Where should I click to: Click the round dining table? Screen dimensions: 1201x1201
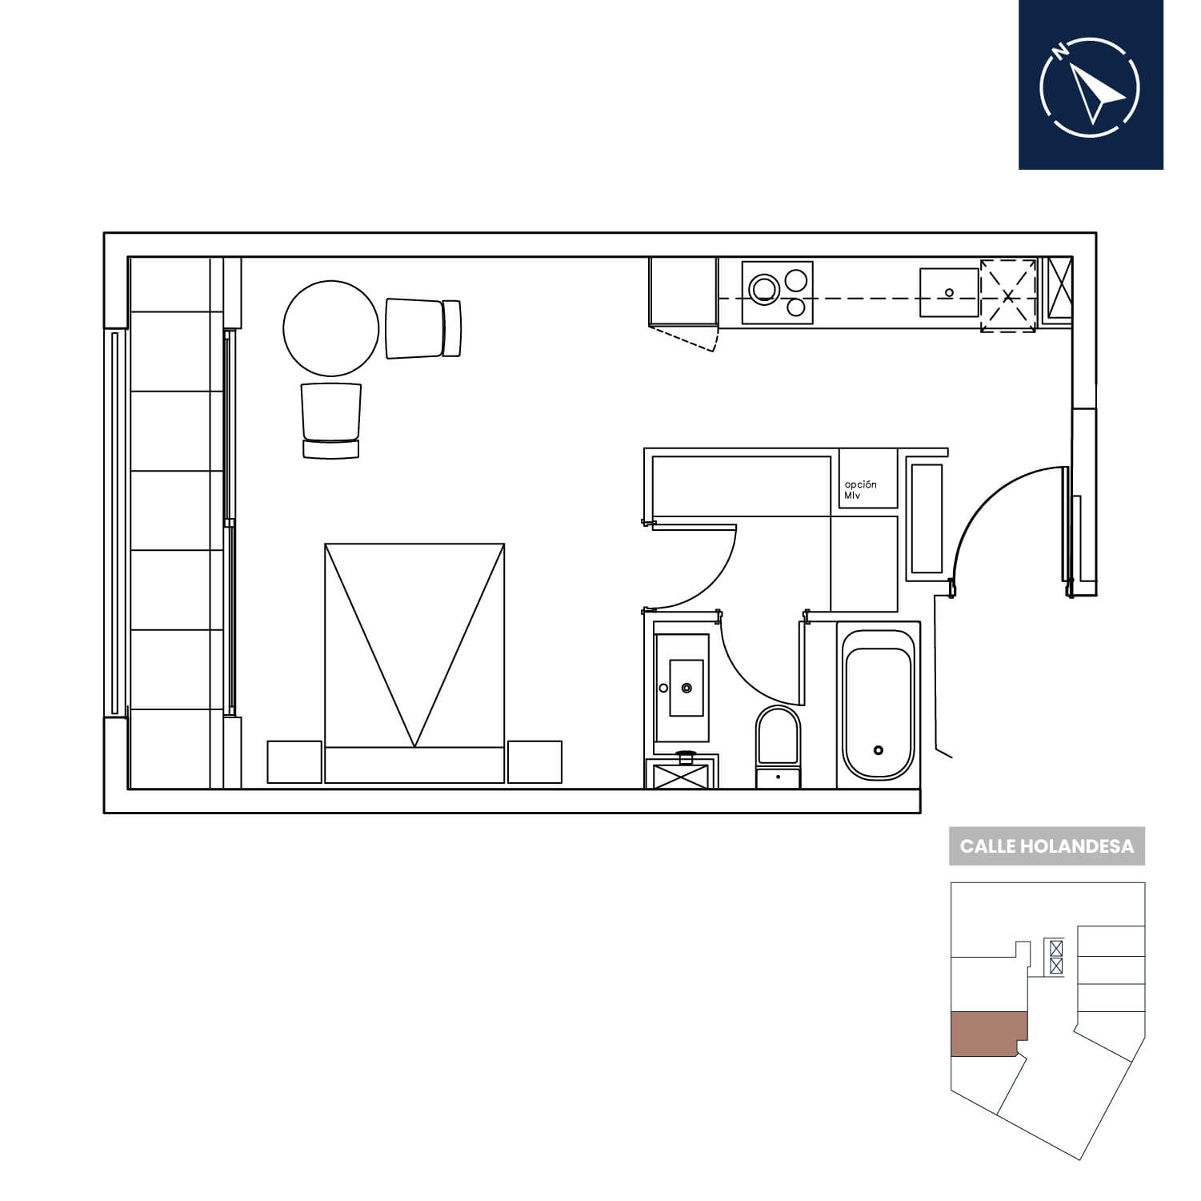(330, 328)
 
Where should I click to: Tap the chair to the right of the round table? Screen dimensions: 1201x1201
(423, 328)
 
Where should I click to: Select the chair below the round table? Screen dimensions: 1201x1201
(331, 420)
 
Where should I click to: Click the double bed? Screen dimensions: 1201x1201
(414, 663)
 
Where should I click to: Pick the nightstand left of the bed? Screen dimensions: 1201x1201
(294, 762)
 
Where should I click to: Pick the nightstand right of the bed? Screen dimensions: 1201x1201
(534, 762)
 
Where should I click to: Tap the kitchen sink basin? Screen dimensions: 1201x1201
(950, 292)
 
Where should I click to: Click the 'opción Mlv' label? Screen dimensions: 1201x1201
(861, 490)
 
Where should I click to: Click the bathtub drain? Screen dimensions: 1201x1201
(879, 750)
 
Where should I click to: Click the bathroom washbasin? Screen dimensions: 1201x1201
(686, 688)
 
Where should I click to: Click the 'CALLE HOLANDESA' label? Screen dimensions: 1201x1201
(1047, 846)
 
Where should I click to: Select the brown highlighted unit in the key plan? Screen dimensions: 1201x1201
(987, 1034)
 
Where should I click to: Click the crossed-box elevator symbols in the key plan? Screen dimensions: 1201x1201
(1056, 957)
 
